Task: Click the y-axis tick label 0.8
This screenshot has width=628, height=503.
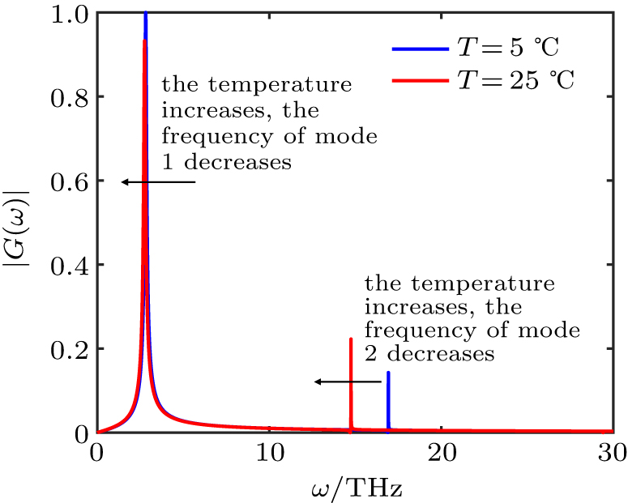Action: tap(68, 97)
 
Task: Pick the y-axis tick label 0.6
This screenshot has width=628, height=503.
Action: tap(68, 181)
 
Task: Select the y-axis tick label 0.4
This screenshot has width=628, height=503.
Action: tap(68, 266)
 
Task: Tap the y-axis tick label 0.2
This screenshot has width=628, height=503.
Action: tap(68, 349)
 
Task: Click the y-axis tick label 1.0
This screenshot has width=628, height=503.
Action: tap(68, 14)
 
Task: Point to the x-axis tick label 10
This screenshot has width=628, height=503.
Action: tap(269, 453)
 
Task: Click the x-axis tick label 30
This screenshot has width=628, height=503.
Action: tap(612, 453)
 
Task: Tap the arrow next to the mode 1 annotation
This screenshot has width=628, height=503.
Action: tap(159, 182)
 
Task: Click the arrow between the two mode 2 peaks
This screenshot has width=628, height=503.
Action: tap(348, 381)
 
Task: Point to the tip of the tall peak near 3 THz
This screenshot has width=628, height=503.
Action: tap(145, 15)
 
